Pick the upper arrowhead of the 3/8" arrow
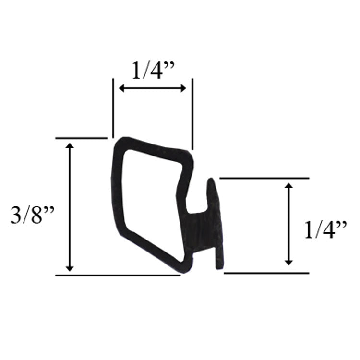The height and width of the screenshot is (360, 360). [x=70, y=146]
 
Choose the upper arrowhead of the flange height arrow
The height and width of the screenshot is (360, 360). [x=288, y=186]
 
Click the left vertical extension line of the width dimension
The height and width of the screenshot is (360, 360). [x=113, y=108]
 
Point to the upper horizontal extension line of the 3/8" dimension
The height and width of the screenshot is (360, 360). [x=81, y=138]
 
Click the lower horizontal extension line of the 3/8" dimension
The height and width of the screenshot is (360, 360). [x=118, y=275]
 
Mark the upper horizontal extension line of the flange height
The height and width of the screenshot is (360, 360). [x=264, y=178]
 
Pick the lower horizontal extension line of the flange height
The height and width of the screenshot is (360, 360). [x=266, y=273]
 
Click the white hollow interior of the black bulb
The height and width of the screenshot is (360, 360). [x=149, y=202]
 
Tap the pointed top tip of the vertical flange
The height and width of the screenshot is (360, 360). [x=211, y=181]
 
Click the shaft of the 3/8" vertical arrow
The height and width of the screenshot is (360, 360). [x=70, y=206]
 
